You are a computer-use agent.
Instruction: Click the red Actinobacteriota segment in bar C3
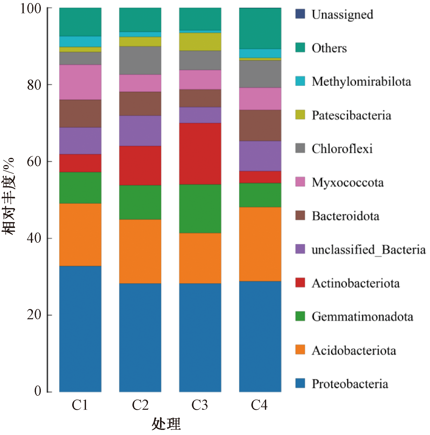[200, 153]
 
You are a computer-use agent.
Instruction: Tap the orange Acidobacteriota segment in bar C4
[260, 244]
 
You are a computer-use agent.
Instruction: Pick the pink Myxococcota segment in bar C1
[80, 82]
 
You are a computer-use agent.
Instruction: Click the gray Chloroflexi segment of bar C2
[140, 60]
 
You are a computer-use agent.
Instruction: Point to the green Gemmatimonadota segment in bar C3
[200, 208]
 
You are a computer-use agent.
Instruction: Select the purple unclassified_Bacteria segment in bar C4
[260, 156]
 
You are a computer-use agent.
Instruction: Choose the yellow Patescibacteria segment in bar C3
[200, 42]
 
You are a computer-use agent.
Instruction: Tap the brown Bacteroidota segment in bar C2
[140, 104]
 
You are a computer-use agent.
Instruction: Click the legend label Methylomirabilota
[361, 82]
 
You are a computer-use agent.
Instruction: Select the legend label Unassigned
[342, 15]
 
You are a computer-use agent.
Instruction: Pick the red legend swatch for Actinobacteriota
[300, 283]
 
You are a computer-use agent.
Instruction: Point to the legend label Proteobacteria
[350, 384]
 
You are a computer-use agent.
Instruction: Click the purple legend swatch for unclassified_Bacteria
[300, 249]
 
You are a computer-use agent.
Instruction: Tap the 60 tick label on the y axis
[34, 161]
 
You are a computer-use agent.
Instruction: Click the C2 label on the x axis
[140, 405]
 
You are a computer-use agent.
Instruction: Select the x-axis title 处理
[166, 424]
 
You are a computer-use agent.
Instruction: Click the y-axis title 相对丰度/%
[8, 196]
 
